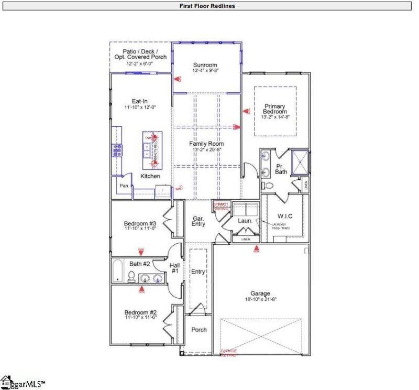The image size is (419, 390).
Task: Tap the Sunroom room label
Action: click(205, 66)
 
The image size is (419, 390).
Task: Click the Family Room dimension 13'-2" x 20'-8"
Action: click(208, 150)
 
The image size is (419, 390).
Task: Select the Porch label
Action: click(199, 330)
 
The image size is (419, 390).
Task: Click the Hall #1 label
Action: click(175, 268)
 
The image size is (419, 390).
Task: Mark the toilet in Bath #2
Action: click(132, 276)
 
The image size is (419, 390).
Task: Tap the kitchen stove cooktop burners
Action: click(116, 151)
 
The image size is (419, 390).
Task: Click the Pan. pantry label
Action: click(124, 186)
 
